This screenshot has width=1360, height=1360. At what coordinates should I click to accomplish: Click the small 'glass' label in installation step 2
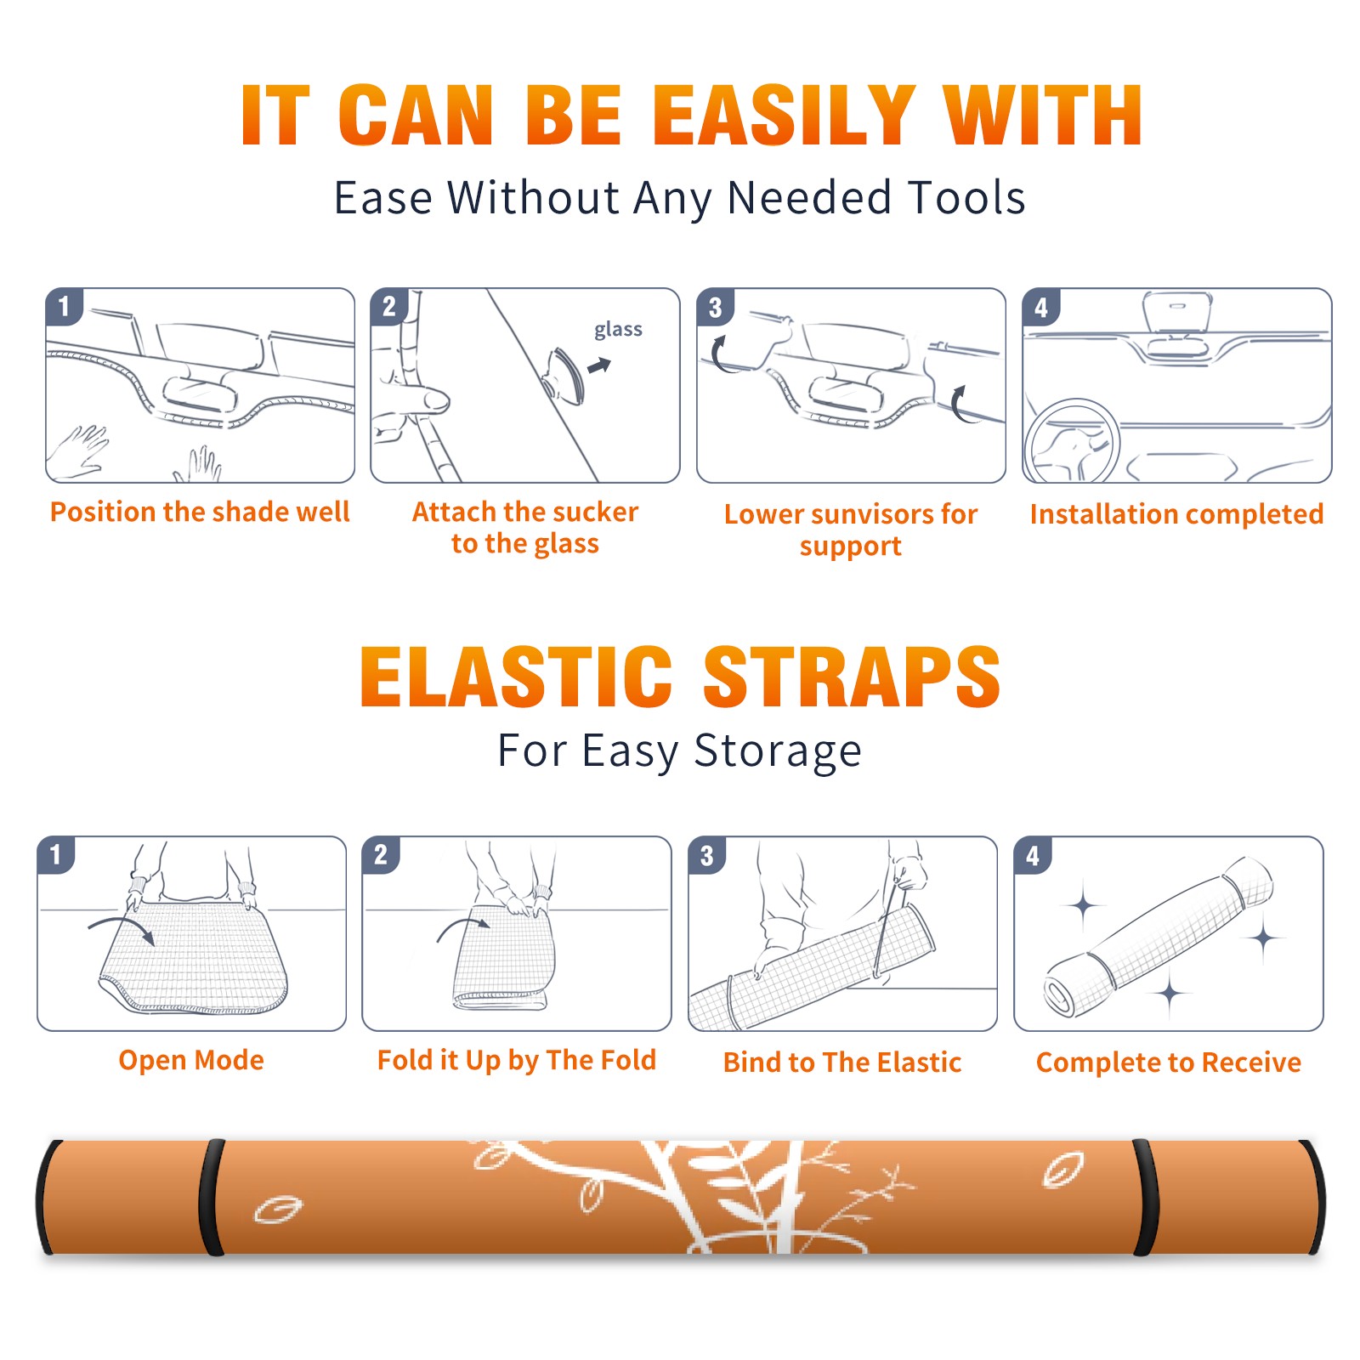(x=618, y=329)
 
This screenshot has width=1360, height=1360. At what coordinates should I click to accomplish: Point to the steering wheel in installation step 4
(x=1073, y=442)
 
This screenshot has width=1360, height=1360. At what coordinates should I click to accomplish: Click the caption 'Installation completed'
(x=1176, y=513)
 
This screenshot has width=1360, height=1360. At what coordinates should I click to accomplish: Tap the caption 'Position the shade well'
(x=200, y=512)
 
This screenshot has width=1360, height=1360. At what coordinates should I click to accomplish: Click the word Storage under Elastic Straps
(x=778, y=751)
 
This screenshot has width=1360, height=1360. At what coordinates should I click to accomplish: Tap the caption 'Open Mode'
(x=191, y=1060)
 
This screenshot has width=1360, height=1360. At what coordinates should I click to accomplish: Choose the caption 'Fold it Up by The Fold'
(x=517, y=1060)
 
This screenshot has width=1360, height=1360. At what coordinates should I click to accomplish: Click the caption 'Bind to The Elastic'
(x=842, y=1062)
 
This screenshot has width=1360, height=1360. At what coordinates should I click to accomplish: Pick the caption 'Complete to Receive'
(x=1169, y=1062)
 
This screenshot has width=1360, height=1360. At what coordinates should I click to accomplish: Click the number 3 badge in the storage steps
(x=707, y=855)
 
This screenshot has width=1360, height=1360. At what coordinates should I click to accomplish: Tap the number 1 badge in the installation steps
(x=64, y=306)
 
